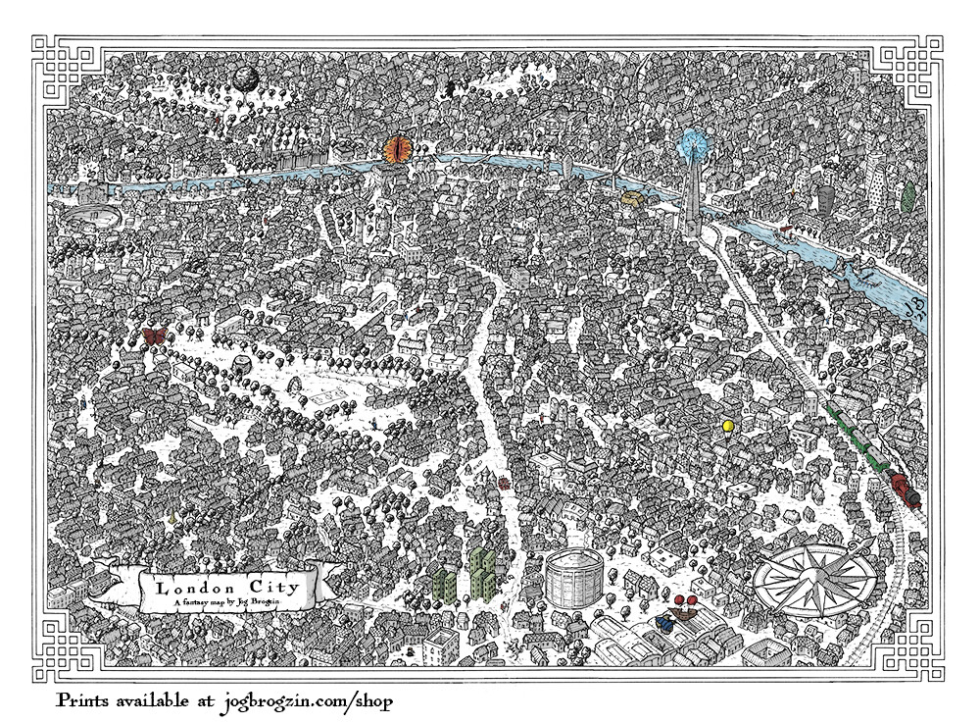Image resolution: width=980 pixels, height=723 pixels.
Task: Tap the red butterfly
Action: [x=154, y=336]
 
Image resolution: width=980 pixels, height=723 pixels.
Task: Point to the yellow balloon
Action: [x=727, y=426]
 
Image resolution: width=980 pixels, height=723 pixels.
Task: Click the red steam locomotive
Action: [x=905, y=490]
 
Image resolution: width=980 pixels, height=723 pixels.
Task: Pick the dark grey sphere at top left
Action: [x=244, y=77]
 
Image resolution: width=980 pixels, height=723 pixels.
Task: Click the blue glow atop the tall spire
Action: [x=694, y=143]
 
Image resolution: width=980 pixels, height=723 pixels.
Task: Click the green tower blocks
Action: [x=468, y=573]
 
